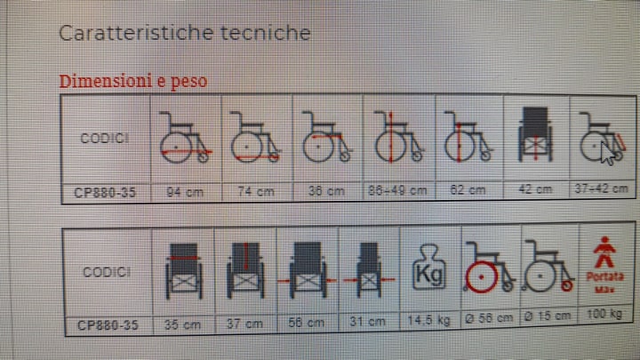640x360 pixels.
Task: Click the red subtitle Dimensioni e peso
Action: coord(133,81)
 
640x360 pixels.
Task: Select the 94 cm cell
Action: coord(184,190)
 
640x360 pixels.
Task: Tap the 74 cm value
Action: coord(254,190)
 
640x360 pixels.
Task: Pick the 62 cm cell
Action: coord(468,189)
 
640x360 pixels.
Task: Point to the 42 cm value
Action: coord(539,188)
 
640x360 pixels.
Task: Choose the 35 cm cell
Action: coord(184,324)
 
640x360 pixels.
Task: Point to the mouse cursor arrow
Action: coord(607,153)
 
